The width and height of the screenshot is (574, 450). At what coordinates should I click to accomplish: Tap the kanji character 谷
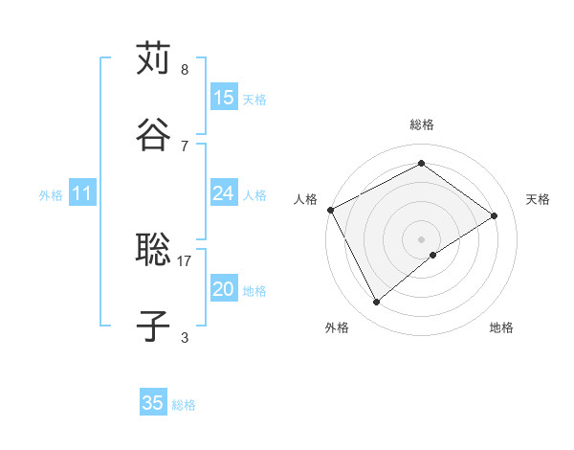(154, 134)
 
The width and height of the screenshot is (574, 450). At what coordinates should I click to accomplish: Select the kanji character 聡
(154, 251)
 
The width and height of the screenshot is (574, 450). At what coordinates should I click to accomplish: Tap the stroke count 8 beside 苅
(185, 70)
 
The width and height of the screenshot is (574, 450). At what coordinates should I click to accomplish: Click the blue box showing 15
(224, 98)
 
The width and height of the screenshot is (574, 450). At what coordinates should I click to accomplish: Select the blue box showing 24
(224, 193)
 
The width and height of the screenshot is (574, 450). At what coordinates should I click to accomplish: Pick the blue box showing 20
(224, 289)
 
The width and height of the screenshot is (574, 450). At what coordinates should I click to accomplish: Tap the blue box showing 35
(153, 403)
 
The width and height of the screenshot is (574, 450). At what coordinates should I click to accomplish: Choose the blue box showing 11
(82, 194)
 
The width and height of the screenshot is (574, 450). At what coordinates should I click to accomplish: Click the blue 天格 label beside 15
(254, 100)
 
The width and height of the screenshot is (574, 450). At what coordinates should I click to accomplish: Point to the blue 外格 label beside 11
(51, 195)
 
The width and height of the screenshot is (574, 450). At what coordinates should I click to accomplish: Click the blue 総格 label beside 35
(184, 405)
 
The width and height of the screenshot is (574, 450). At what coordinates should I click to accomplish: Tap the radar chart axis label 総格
(422, 124)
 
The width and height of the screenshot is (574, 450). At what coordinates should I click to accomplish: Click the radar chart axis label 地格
(501, 327)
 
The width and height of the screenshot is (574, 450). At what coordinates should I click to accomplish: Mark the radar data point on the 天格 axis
(495, 215)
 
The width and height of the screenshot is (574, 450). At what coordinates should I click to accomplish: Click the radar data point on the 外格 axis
(377, 303)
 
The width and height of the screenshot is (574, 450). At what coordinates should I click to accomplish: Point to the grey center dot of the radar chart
(422, 238)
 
